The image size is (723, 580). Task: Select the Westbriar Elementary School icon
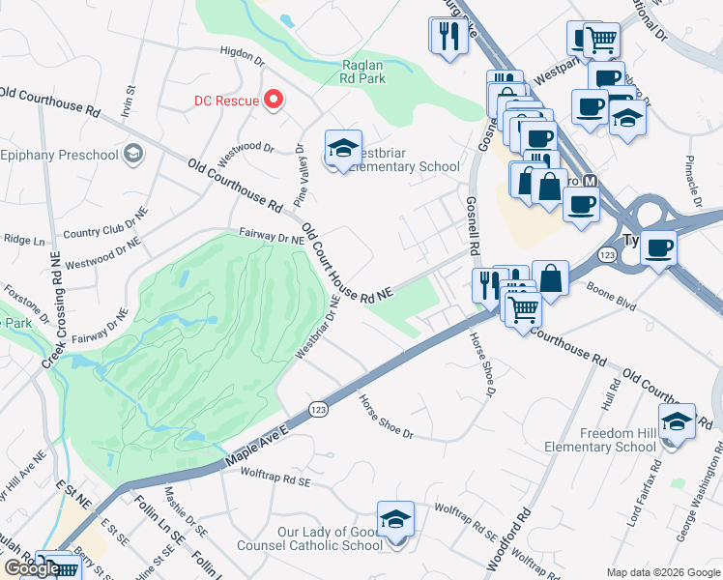(343, 149)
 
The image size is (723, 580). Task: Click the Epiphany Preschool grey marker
(133, 154)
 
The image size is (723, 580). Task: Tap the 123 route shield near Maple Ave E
(317, 410)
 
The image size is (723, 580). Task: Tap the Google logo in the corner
(31, 568)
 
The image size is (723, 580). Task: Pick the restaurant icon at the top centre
(447, 37)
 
